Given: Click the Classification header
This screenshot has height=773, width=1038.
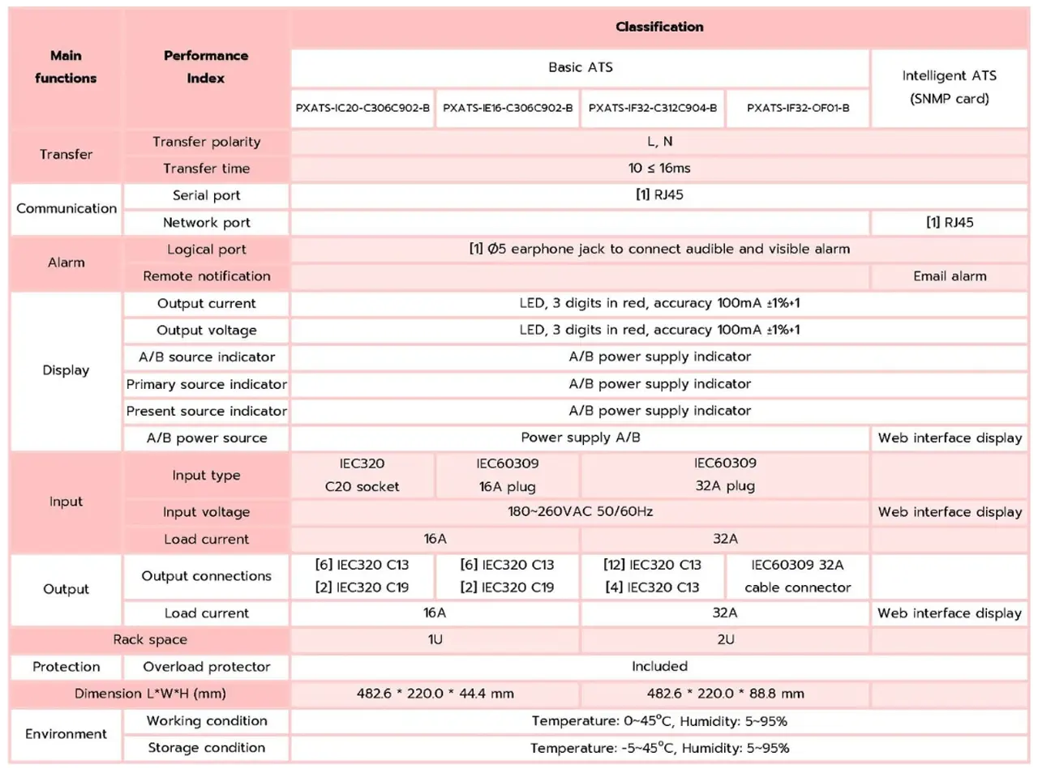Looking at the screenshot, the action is [x=659, y=27].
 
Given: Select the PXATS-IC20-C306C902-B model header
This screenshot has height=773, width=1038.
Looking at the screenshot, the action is [x=362, y=109].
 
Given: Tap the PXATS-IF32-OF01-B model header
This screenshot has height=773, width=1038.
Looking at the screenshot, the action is [x=798, y=109].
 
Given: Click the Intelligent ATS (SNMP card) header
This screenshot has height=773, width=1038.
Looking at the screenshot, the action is [x=949, y=88].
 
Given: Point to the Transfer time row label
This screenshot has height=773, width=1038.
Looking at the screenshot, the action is [x=206, y=169].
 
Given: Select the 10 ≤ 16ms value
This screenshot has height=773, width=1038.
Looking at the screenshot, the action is [x=659, y=169].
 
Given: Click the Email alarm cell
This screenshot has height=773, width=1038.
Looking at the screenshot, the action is [x=950, y=276].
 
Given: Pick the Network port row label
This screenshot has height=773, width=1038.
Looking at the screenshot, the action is [x=206, y=223].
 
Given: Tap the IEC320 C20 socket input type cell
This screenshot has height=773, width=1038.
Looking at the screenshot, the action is [x=362, y=475].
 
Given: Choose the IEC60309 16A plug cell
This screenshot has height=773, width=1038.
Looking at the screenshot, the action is [x=507, y=475].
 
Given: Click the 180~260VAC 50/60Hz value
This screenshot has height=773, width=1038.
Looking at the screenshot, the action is [x=581, y=512].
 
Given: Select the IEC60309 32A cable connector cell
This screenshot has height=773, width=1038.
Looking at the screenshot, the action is [x=798, y=576].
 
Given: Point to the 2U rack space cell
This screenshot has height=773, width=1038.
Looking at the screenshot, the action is [x=726, y=640].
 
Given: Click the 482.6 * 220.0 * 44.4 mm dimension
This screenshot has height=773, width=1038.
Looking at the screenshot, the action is [x=435, y=694].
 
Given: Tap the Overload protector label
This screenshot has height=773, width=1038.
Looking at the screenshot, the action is [x=206, y=667].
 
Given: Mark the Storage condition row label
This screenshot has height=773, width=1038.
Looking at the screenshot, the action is [x=206, y=748].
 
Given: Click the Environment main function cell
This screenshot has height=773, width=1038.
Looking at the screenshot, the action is [x=66, y=734].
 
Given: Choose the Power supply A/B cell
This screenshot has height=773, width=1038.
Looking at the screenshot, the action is [x=581, y=438].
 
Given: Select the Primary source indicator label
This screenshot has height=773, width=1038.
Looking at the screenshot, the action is [x=206, y=385].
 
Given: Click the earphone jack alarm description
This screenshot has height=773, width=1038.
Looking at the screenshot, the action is [x=659, y=249].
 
